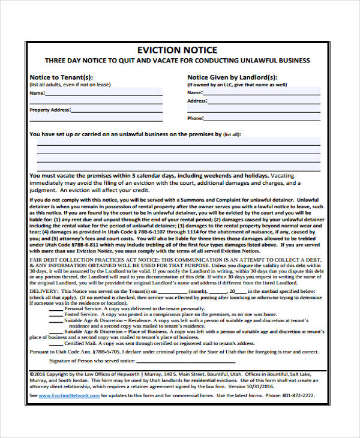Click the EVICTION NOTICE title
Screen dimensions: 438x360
pos(177,50)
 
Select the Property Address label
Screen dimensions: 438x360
pos(50,110)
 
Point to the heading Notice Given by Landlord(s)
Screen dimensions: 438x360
pos(232,77)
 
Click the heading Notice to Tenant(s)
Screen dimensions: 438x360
pos(61,77)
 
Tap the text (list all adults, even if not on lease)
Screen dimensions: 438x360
pos(70,85)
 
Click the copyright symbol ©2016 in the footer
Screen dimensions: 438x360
pos(38,373)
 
